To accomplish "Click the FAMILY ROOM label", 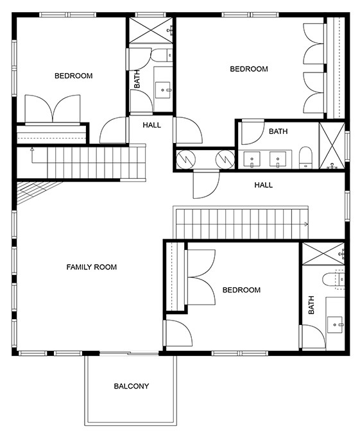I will click(x=92, y=267).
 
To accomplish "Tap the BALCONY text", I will click(x=132, y=386).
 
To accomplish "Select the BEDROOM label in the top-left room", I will click(x=73, y=76).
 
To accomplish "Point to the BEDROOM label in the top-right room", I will click(x=249, y=69).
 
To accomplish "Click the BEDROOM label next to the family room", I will click(x=241, y=290).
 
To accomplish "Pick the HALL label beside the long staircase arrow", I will click(x=263, y=185).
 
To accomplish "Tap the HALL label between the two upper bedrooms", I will click(x=152, y=125).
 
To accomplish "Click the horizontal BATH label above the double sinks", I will click(x=279, y=131).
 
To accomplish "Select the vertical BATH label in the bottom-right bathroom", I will click(x=311, y=305).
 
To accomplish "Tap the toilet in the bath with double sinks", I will click(x=305, y=156).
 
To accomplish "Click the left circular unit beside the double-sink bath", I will click(x=186, y=158).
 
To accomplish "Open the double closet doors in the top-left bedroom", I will click(x=53, y=108).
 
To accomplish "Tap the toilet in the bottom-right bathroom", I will click(x=335, y=280).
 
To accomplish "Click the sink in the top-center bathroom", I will click(x=163, y=89).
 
